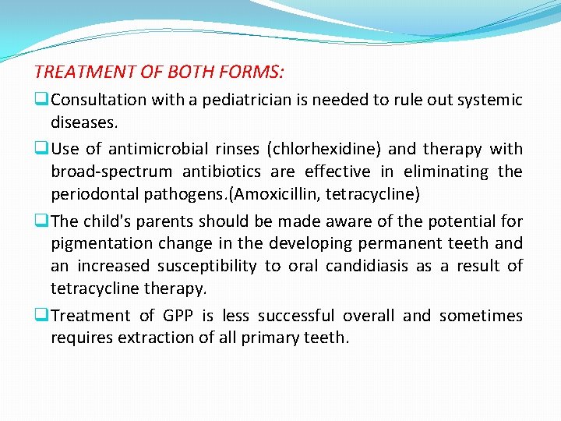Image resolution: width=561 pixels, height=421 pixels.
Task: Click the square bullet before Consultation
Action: (x=40, y=100)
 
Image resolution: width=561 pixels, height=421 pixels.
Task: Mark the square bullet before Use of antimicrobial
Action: (x=40, y=149)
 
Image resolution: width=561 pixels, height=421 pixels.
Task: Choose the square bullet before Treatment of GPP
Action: (x=40, y=316)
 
